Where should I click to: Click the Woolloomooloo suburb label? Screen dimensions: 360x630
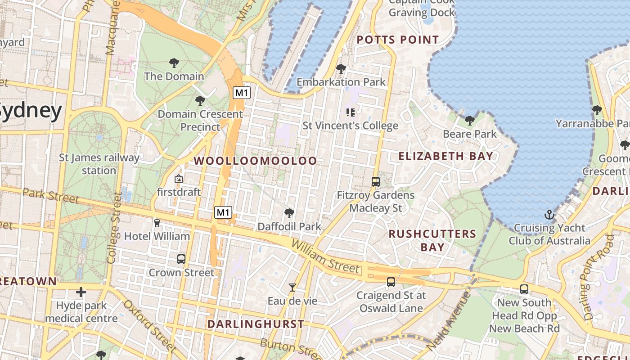(x=255, y=161)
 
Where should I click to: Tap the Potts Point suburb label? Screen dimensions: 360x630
(x=397, y=40)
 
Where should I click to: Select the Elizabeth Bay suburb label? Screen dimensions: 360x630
(x=445, y=156)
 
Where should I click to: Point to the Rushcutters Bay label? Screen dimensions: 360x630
(x=432, y=240)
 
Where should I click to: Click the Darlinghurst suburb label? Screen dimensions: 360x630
(x=256, y=324)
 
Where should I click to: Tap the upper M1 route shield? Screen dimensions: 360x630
(x=242, y=93)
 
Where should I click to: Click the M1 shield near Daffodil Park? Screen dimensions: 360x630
(x=223, y=212)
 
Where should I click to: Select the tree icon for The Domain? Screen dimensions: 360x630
(x=174, y=63)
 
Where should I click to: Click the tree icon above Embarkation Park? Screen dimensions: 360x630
(x=341, y=69)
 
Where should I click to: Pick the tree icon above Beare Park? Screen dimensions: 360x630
(x=469, y=120)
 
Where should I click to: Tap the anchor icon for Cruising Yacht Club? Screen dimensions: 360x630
(x=549, y=215)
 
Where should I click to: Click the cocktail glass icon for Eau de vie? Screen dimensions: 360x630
(x=292, y=287)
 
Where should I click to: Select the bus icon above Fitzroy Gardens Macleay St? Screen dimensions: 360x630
(x=376, y=182)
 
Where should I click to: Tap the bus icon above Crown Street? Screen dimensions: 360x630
(x=181, y=259)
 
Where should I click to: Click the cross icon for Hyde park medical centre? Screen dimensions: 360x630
(x=81, y=292)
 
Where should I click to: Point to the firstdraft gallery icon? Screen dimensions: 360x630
(x=179, y=179)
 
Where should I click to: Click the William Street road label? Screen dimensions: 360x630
(x=325, y=257)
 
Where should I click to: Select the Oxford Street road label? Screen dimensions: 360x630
(x=149, y=326)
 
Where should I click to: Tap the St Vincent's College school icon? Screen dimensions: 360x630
(x=350, y=112)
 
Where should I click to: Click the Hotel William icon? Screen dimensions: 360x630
(x=157, y=223)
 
